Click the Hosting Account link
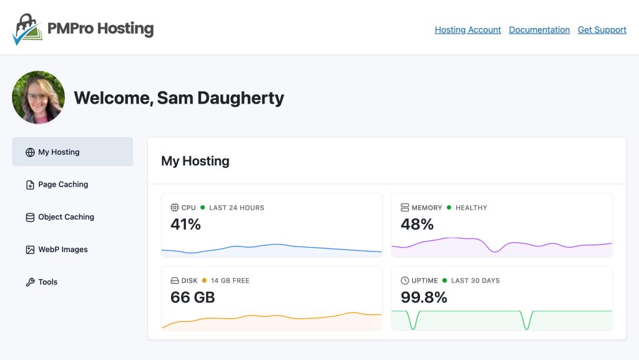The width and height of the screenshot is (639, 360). (x=467, y=30)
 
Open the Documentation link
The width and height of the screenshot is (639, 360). (x=539, y=30)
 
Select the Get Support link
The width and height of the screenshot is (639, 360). (x=602, y=30)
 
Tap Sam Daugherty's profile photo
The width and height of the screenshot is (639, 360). (x=38, y=97)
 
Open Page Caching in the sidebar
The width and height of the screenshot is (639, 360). (x=63, y=185)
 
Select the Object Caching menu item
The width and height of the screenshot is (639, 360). (x=66, y=217)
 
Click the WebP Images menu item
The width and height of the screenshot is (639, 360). (x=62, y=250)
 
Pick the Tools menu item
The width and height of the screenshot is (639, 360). (x=47, y=282)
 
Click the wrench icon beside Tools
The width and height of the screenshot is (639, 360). (x=30, y=282)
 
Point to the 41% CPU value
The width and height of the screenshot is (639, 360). (x=185, y=225)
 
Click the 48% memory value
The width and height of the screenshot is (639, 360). (x=417, y=225)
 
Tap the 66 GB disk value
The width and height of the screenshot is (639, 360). (x=192, y=298)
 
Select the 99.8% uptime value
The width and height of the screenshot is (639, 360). (x=424, y=298)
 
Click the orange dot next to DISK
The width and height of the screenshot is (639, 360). (x=204, y=281)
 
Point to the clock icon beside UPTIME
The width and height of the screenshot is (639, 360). (x=405, y=281)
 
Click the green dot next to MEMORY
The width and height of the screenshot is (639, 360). (x=449, y=208)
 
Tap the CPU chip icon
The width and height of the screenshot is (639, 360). (x=175, y=208)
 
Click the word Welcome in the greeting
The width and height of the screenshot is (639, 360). (x=112, y=98)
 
